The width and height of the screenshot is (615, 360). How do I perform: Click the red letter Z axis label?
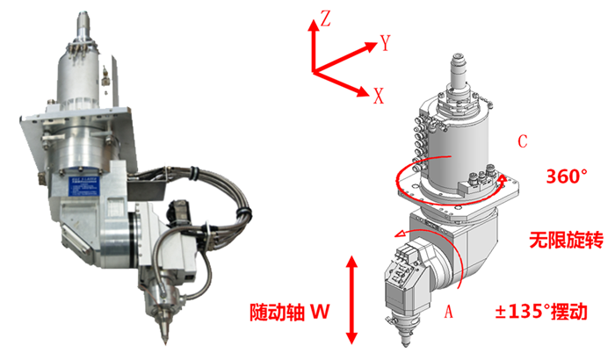[x=326, y=18]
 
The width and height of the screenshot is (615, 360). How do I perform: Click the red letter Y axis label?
[x=386, y=43]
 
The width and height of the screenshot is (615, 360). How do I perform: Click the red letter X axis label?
[x=379, y=96]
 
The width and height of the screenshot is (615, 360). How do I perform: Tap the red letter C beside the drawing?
[x=523, y=141]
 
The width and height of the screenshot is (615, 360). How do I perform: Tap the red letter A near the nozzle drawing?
[x=449, y=312]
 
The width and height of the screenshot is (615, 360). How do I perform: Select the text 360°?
[x=568, y=176]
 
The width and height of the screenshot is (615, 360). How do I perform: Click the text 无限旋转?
[x=567, y=240]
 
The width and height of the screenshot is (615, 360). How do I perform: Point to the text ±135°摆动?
[x=541, y=312]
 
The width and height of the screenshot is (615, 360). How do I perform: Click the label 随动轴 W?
[x=290, y=312]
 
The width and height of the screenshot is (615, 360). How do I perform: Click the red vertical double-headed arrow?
[x=351, y=300]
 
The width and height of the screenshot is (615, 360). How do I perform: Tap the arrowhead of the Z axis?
[x=314, y=25]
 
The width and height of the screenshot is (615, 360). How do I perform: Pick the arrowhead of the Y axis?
[x=370, y=47]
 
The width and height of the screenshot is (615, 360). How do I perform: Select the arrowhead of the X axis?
[x=363, y=92]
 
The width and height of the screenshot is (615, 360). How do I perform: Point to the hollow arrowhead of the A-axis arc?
[x=401, y=234]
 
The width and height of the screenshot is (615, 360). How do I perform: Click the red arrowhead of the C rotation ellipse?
[x=503, y=180]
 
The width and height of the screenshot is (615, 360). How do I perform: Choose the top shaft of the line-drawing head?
[x=459, y=70]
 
